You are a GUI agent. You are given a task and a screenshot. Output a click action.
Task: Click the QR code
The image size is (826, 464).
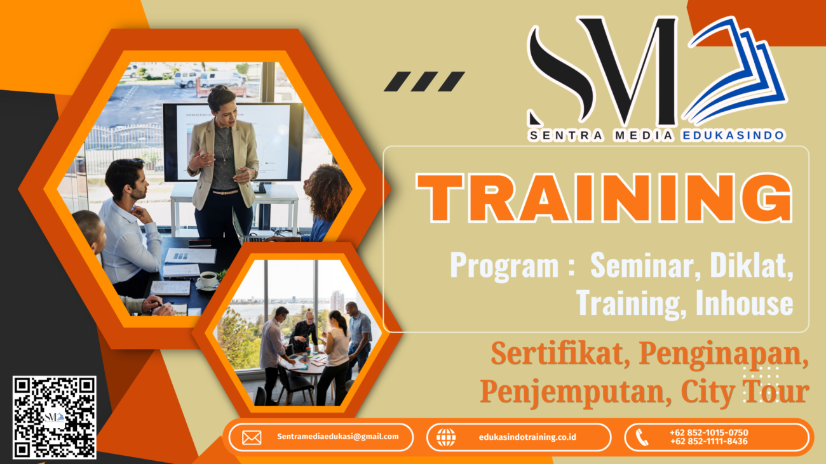55,417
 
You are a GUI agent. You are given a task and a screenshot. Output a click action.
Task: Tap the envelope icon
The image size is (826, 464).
252,437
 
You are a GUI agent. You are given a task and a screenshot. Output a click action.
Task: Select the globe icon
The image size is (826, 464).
446,437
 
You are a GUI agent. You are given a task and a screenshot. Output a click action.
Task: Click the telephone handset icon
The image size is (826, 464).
642,437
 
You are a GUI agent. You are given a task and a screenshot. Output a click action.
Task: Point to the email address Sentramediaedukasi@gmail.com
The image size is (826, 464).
338,437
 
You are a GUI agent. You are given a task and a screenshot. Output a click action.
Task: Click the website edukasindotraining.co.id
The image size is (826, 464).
527,437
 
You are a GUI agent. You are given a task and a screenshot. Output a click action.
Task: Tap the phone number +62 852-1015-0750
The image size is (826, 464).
708,433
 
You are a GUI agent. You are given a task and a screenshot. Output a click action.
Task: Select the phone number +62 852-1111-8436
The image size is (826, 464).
708,441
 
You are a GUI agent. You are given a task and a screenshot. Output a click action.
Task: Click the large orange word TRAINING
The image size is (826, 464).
604,198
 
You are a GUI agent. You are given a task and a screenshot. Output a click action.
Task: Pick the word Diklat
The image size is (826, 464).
752,265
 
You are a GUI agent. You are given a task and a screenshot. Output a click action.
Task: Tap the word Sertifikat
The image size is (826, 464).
560,354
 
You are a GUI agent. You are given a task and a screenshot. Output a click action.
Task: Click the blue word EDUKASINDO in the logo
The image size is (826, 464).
733,135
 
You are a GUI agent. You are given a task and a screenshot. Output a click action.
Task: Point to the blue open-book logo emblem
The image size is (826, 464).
736,70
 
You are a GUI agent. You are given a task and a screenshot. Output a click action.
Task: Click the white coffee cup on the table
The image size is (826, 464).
207,280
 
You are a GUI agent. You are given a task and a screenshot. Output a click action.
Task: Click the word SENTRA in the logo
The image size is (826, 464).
565,135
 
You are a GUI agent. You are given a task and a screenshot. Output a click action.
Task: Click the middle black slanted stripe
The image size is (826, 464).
424,81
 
